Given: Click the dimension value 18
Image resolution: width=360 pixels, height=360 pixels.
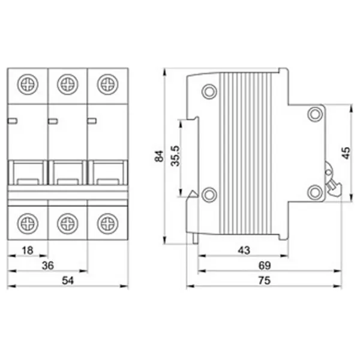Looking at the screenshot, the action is click(x=28, y=250).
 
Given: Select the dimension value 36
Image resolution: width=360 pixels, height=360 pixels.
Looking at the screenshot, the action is click(x=48, y=265).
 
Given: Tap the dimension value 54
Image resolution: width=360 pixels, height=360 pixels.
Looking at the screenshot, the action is click(x=68, y=281).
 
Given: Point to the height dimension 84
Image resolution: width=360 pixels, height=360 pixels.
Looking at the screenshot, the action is click(x=159, y=156).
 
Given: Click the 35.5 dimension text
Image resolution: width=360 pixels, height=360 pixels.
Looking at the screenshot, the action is click(x=176, y=155).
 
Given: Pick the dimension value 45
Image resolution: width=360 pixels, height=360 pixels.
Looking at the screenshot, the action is click(x=346, y=152).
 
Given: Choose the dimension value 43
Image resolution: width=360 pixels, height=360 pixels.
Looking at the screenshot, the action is click(x=244, y=250).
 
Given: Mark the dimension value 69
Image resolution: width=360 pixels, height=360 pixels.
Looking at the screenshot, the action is click(x=265, y=265).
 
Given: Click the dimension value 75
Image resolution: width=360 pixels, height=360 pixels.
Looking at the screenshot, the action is click(x=265, y=281).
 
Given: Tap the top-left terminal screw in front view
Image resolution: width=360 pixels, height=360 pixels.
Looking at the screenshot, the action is click(x=28, y=84).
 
